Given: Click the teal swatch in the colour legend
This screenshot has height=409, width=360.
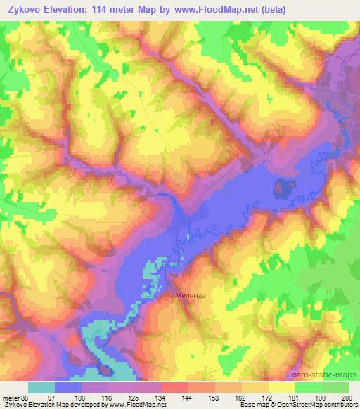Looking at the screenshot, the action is pos(41,387).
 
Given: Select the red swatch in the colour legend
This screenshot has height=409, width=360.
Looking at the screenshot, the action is pos(174,387).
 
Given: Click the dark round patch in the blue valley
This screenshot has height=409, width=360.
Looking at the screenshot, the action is pos(283,187).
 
